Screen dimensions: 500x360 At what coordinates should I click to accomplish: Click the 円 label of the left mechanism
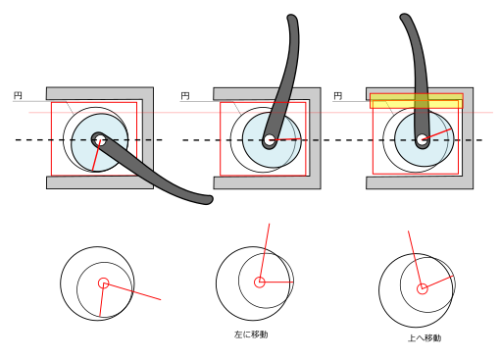[x=18, y=95]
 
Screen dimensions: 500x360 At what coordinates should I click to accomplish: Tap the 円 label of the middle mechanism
[x=185, y=96]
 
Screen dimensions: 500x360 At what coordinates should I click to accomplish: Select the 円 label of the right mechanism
[x=338, y=96]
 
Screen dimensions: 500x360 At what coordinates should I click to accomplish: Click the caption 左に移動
[x=251, y=334]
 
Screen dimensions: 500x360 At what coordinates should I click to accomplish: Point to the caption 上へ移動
[x=425, y=337]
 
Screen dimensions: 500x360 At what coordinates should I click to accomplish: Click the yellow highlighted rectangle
[x=417, y=101]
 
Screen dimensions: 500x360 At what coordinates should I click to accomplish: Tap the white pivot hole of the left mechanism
[x=100, y=140]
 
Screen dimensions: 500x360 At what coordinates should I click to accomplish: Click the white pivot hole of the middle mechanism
[x=270, y=140]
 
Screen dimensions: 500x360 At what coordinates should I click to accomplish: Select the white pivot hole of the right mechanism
[x=422, y=139]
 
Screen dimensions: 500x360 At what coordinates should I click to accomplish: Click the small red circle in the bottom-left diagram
[x=104, y=283]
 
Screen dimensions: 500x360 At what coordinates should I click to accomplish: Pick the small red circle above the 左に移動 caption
[x=260, y=283]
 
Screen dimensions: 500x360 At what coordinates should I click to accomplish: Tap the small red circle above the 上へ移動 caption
[x=423, y=288]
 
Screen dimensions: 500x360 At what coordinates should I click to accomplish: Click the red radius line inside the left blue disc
[x=96, y=156]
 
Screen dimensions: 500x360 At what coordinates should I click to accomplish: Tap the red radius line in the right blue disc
[x=437, y=134]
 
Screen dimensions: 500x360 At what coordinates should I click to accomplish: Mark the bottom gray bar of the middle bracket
[x=267, y=183]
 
